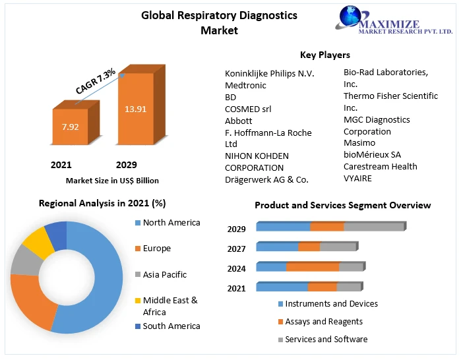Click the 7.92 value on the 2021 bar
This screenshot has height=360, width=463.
pyautogui.click(x=70, y=127)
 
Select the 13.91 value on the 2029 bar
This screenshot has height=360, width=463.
pyautogui.click(x=135, y=109)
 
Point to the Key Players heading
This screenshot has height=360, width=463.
pyautogui.click(x=325, y=55)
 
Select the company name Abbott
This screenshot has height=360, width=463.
pyautogui.click(x=239, y=121)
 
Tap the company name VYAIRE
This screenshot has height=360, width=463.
pyautogui.click(x=358, y=178)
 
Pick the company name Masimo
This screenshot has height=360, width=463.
pyautogui.click(x=359, y=142)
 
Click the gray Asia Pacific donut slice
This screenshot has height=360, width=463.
pyautogui.click(x=25, y=260)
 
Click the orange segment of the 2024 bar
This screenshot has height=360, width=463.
pyautogui.click(x=312, y=267)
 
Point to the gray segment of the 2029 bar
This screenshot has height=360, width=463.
pyautogui.click(x=373, y=227)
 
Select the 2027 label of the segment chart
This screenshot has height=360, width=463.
pyautogui.click(x=237, y=249)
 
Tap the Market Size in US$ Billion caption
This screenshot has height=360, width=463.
pyautogui.click(x=112, y=180)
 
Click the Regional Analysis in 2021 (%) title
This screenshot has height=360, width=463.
pyautogui.click(x=102, y=204)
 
